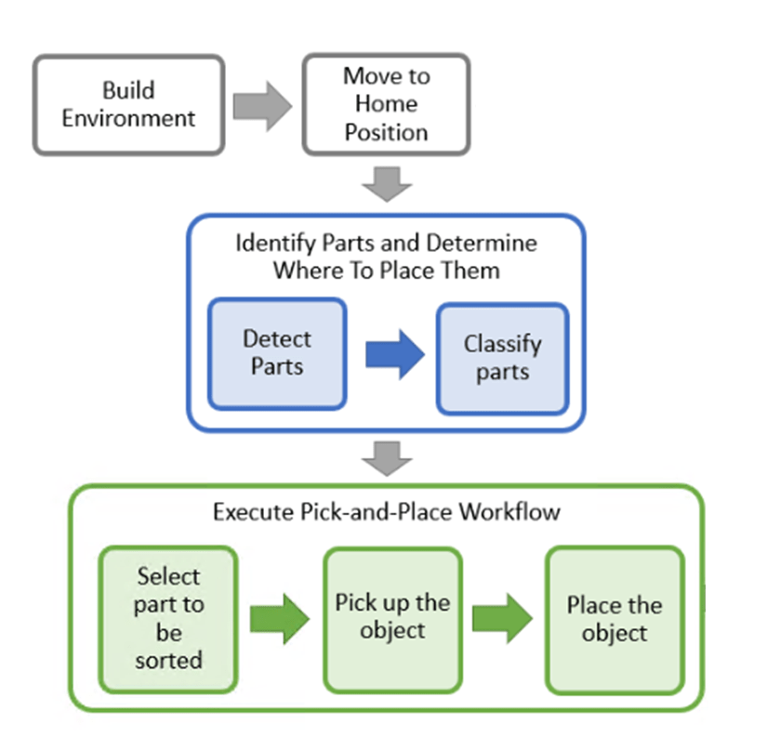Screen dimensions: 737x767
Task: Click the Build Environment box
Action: (128, 104)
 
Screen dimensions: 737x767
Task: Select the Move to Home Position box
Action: (386, 104)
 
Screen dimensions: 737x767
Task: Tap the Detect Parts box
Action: (277, 353)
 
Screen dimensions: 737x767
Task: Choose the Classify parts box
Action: (502, 358)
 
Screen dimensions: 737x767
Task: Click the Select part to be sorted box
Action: (168, 618)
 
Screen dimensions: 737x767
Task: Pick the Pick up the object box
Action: (392, 618)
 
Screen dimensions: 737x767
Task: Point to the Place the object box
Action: (615, 620)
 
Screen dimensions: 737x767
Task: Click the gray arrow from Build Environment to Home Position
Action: (261, 105)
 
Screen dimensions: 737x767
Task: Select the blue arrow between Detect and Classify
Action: (394, 356)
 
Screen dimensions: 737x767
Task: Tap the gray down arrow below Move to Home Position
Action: (387, 184)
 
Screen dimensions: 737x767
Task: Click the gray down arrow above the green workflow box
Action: (387, 457)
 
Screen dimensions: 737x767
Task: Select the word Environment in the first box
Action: (129, 118)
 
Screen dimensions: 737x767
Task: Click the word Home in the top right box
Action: (386, 104)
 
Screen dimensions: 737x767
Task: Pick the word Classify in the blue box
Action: (502, 344)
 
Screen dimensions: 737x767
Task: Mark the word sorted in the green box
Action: (168, 661)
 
